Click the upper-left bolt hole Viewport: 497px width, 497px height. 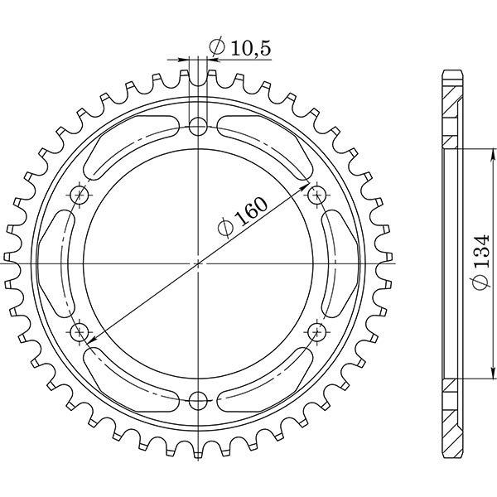[x=80, y=195]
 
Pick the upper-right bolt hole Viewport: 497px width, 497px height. [x=316, y=195]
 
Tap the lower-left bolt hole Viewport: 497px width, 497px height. [x=80, y=332]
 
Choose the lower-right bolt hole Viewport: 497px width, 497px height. [x=316, y=332]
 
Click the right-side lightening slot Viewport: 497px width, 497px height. [x=339, y=263]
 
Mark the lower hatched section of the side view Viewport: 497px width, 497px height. [x=451, y=418]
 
